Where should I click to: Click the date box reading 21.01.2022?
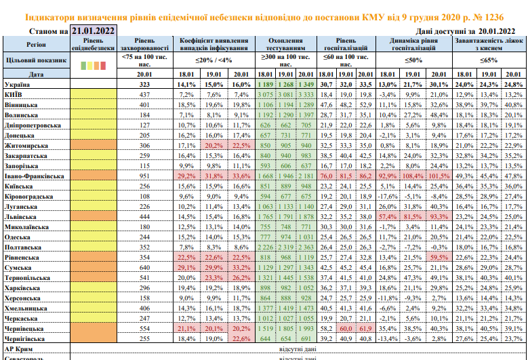pyautogui.click(x=93, y=31)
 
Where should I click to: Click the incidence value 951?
pyautogui.click(x=144, y=176)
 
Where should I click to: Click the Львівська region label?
pyautogui.click(x=20, y=216)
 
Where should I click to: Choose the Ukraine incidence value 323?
pyautogui.click(x=144, y=84)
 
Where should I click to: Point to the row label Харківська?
pyautogui.click(x=22, y=287)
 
